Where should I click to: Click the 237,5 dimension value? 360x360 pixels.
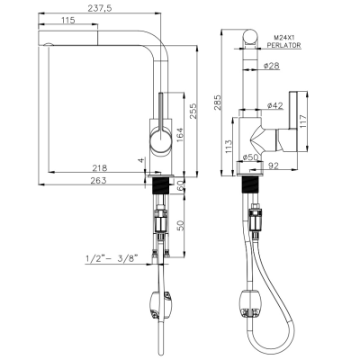click(100, 8)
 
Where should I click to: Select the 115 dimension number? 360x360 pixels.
click(67, 20)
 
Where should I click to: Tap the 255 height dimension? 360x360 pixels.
click(193, 111)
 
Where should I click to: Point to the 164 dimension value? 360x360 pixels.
click(179, 135)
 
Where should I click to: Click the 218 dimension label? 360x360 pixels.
click(100, 167)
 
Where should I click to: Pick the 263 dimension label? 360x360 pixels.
click(98, 180)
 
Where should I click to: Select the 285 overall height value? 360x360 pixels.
click(218, 103)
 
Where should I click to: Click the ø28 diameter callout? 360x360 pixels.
click(272, 66)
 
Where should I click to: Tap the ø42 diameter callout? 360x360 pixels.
click(274, 105)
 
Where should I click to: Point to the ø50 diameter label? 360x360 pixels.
click(248, 157)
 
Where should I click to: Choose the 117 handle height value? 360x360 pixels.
click(301, 121)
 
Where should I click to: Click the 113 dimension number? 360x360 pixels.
click(229, 147)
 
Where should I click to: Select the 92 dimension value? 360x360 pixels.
click(273, 166)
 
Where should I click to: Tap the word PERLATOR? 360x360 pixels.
click(283, 45)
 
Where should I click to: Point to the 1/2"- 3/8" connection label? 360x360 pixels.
click(112, 257)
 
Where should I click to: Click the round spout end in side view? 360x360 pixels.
click(249, 37)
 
